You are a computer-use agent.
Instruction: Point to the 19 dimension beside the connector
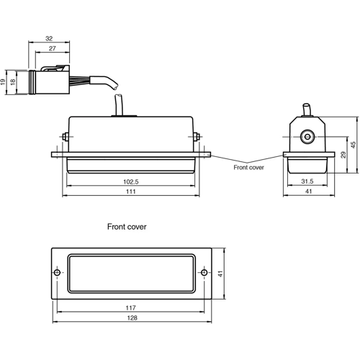click(x=5, y=83)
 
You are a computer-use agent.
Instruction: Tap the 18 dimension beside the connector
click(x=14, y=83)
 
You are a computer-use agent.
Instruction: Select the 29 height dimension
click(x=343, y=156)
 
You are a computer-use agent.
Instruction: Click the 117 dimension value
click(x=131, y=307)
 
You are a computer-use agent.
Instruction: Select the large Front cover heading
click(x=127, y=226)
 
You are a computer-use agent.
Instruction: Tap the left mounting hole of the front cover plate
click(x=58, y=273)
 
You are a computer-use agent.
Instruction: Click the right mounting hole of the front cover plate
click(x=204, y=273)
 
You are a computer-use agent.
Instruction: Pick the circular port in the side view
click(x=306, y=135)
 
